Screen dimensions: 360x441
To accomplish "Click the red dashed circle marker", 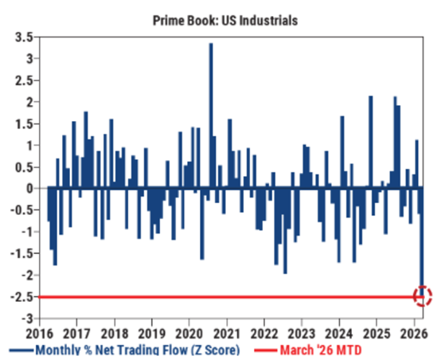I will point(423,296).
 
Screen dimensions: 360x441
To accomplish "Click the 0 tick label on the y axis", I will point(29,189).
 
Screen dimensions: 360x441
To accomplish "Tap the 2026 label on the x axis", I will point(415,333).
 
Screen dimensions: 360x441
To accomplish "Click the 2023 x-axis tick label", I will point(302,333).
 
